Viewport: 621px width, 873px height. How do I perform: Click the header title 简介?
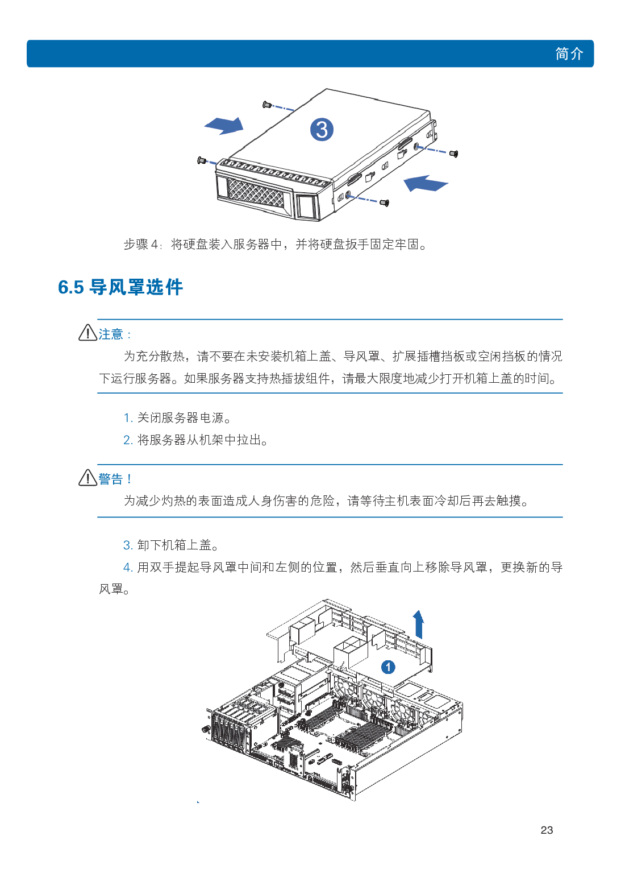point(569,53)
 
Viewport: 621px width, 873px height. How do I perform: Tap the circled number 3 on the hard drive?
point(322,129)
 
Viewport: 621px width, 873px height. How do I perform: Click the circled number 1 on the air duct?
point(388,667)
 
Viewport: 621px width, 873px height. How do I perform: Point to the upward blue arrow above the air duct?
point(419,624)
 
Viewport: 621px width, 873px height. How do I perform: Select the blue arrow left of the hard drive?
point(224,126)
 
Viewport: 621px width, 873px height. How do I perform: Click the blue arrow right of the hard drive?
point(426,183)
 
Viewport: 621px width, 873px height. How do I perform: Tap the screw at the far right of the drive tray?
point(453,154)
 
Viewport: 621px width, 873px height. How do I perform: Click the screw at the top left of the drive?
point(266,105)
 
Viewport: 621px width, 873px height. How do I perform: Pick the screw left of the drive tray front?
point(201,160)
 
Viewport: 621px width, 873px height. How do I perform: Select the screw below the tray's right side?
point(384,202)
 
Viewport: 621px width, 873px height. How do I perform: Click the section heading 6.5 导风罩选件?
point(120,287)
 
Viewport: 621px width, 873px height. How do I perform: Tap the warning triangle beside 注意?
point(87,333)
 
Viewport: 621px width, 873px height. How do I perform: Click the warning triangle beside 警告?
point(87,477)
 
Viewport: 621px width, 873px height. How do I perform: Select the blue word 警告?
point(111,479)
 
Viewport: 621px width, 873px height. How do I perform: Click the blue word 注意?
point(111,334)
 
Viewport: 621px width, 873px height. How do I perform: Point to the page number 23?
point(547,830)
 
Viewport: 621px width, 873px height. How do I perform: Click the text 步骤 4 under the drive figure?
point(141,245)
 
